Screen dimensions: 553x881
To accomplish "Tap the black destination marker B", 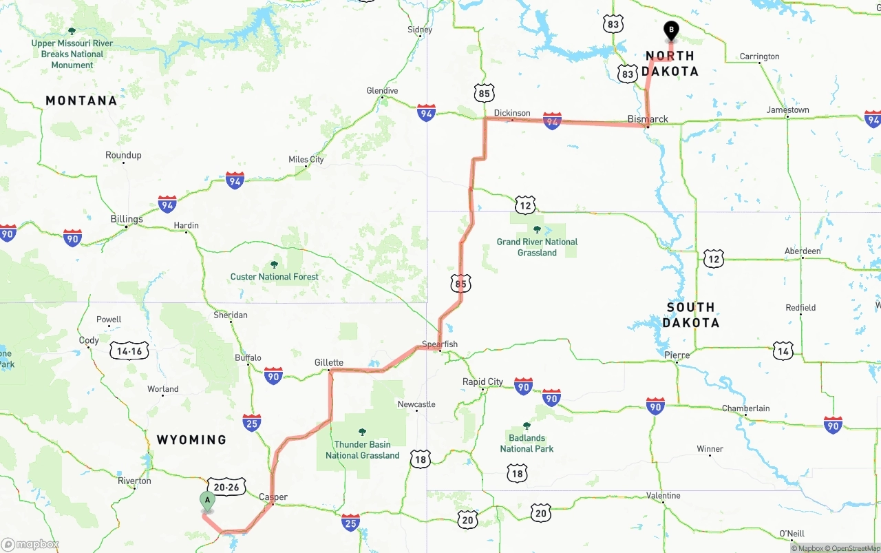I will pyautogui.click(x=670, y=31).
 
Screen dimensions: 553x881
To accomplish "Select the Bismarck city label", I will pyautogui.click(x=648, y=119).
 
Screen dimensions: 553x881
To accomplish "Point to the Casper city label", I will pyautogui.click(x=273, y=497).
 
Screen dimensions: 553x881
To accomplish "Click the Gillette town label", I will pyautogui.click(x=328, y=362).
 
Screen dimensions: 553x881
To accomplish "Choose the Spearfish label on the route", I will pyautogui.click(x=440, y=344).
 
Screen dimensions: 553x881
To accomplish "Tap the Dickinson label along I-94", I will pyautogui.click(x=512, y=113).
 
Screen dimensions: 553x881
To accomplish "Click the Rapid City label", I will pyautogui.click(x=482, y=382).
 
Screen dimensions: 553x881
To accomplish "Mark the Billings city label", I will pyautogui.click(x=127, y=219).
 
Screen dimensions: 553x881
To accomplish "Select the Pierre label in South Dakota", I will pyautogui.click(x=677, y=355).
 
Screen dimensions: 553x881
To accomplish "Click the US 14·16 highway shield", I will pyautogui.click(x=129, y=351).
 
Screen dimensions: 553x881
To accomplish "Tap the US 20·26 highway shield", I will pyautogui.click(x=225, y=487).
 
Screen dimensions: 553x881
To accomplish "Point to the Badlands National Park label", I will pyautogui.click(x=527, y=443).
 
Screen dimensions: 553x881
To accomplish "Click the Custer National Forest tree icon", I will pyautogui.click(x=274, y=264).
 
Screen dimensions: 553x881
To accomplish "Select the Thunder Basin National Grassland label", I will pyautogui.click(x=362, y=450).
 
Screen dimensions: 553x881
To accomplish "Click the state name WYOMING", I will pyautogui.click(x=191, y=439).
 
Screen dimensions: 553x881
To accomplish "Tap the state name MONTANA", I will pyautogui.click(x=81, y=101).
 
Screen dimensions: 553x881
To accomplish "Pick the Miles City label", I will pyautogui.click(x=306, y=160).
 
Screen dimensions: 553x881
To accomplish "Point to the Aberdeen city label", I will pyautogui.click(x=803, y=251).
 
